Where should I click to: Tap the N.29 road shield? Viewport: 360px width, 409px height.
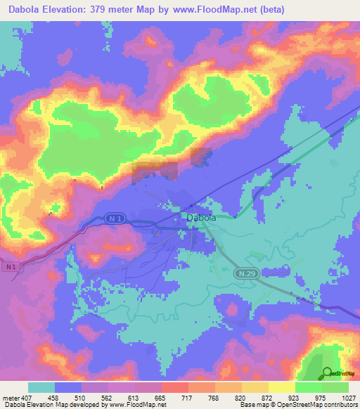[x=243, y=272]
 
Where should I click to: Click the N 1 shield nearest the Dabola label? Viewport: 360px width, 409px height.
[x=96, y=219]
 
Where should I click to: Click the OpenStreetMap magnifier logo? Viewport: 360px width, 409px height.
[x=328, y=374]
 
